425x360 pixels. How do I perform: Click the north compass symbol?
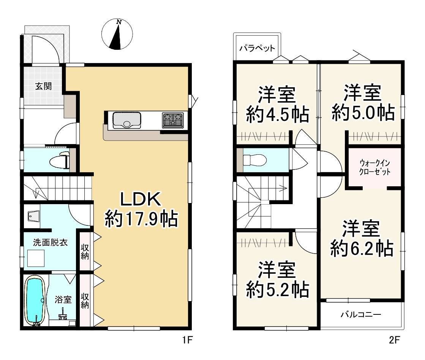pyautogui.click(x=117, y=34)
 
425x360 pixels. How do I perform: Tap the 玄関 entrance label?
pyautogui.click(x=43, y=86)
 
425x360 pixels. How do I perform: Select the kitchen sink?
pyautogui.click(x=127, y=121)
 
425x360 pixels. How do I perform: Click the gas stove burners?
pyautogui.click(x=173, y=120)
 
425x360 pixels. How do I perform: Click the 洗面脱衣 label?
pyautogui.click(x=50, y=242)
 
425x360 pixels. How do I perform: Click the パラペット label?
pyautogui.click(x=257, y=48)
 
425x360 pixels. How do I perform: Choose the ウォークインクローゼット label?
pyautogui.click(x=374, y=167)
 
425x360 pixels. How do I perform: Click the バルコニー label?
pyautogui.click(x=361, y=314)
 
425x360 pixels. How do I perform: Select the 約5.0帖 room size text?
pyautogui.click(x=363, y=112)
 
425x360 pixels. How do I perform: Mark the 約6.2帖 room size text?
pyautogui.click(x=362, y=248)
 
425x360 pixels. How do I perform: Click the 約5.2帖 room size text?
pyautogui.click(x=278, y=289)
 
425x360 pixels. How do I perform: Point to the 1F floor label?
pyautogui.click(x=187, y=339)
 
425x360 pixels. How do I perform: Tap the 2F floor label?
pyautogui.click(x=394, y=339)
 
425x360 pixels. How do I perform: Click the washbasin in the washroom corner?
pyautogui.click(x=33, y=216)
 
